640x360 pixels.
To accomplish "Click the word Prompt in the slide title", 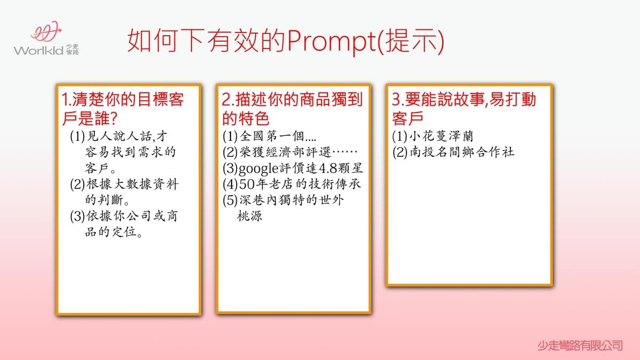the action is (x=332, y=42).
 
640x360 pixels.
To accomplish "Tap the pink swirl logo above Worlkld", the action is (x=46, y=31).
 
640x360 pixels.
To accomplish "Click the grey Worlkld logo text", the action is (x=38, y=51).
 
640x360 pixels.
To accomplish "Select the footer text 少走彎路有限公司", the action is (x=580, y=346).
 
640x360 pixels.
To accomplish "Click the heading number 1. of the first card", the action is (x=66, y=99).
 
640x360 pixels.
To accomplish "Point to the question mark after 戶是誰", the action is (x=114, y=118).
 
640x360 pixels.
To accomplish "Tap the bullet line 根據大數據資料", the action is (x=132, y=184).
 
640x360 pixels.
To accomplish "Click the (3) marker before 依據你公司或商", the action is (x=77, y=216).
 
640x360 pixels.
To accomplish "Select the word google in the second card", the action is (x=258, y=169).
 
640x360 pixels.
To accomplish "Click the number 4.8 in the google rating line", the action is (x=328, y=169).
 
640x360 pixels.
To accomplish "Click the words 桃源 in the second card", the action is (x=250, y=215).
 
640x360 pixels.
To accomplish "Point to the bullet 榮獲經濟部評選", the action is (x=285, y=152).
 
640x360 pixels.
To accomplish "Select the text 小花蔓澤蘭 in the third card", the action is (x=442, y=136).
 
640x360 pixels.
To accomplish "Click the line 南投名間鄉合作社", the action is (x=462, y=152).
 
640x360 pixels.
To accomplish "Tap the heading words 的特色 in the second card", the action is (x=246, y=118).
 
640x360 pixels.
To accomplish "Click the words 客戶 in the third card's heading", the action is (x=407, y=118).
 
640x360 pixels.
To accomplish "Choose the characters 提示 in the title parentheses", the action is (x=411, y=41).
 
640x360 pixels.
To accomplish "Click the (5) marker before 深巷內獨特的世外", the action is (x=230, y=200).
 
